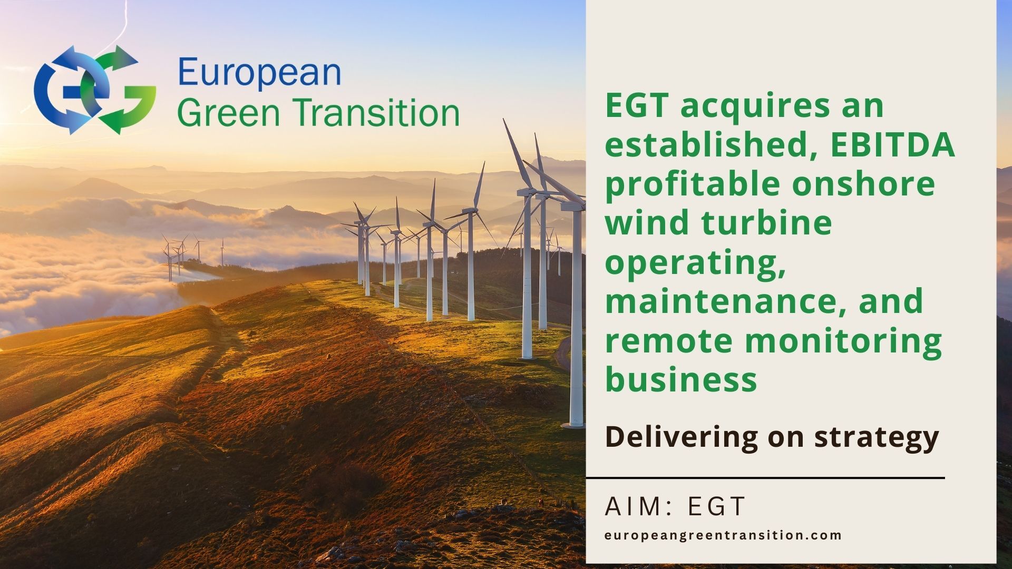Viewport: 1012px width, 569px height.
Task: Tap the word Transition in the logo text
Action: [376, 112]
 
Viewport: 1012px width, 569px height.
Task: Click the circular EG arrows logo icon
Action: [95, 90]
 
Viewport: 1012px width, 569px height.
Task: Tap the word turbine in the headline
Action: [766, 223]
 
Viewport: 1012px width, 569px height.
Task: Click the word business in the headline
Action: [681, 379]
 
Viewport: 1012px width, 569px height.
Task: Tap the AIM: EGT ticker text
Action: [675, 506]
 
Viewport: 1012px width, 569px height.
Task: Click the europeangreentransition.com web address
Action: [723, 536]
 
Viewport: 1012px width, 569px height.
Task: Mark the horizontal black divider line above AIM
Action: [765, 478]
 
